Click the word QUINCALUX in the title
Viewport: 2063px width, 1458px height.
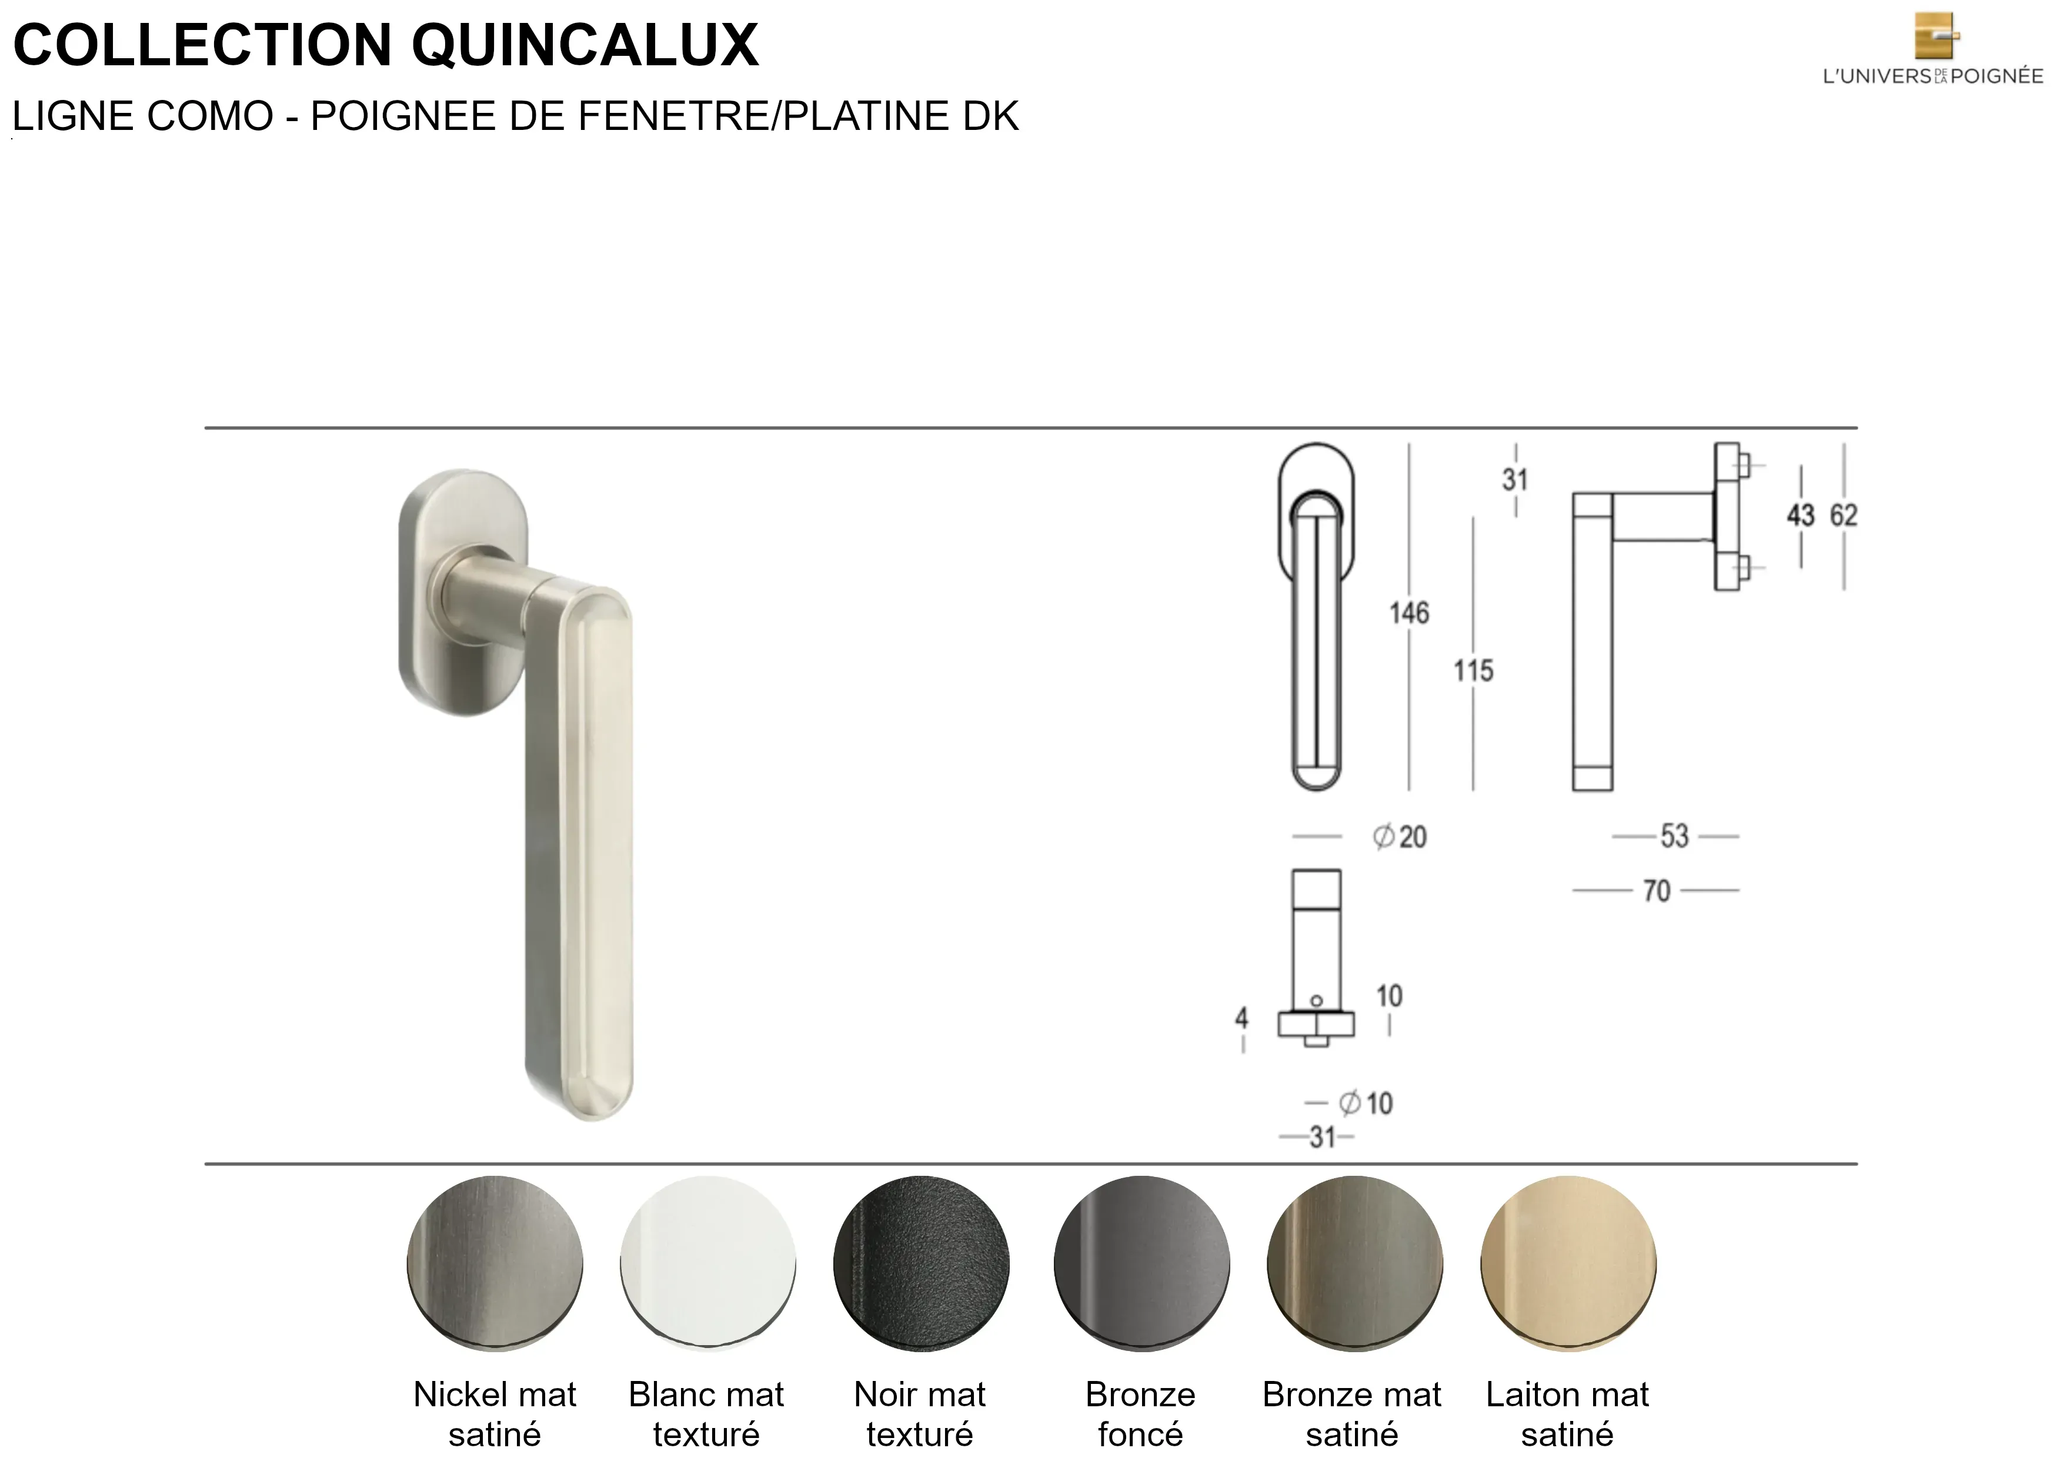[586, 45]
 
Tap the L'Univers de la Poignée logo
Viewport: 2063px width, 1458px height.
[1932, 49]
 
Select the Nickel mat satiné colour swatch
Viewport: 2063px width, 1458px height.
[495, 1263]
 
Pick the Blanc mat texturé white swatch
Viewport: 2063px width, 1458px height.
[708, 1263]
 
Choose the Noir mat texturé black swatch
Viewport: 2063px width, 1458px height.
[921, 1263]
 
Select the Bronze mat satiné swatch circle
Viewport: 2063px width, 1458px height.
[1354, 1263]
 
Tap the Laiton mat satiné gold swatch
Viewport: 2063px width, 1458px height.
[1568, 1263]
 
